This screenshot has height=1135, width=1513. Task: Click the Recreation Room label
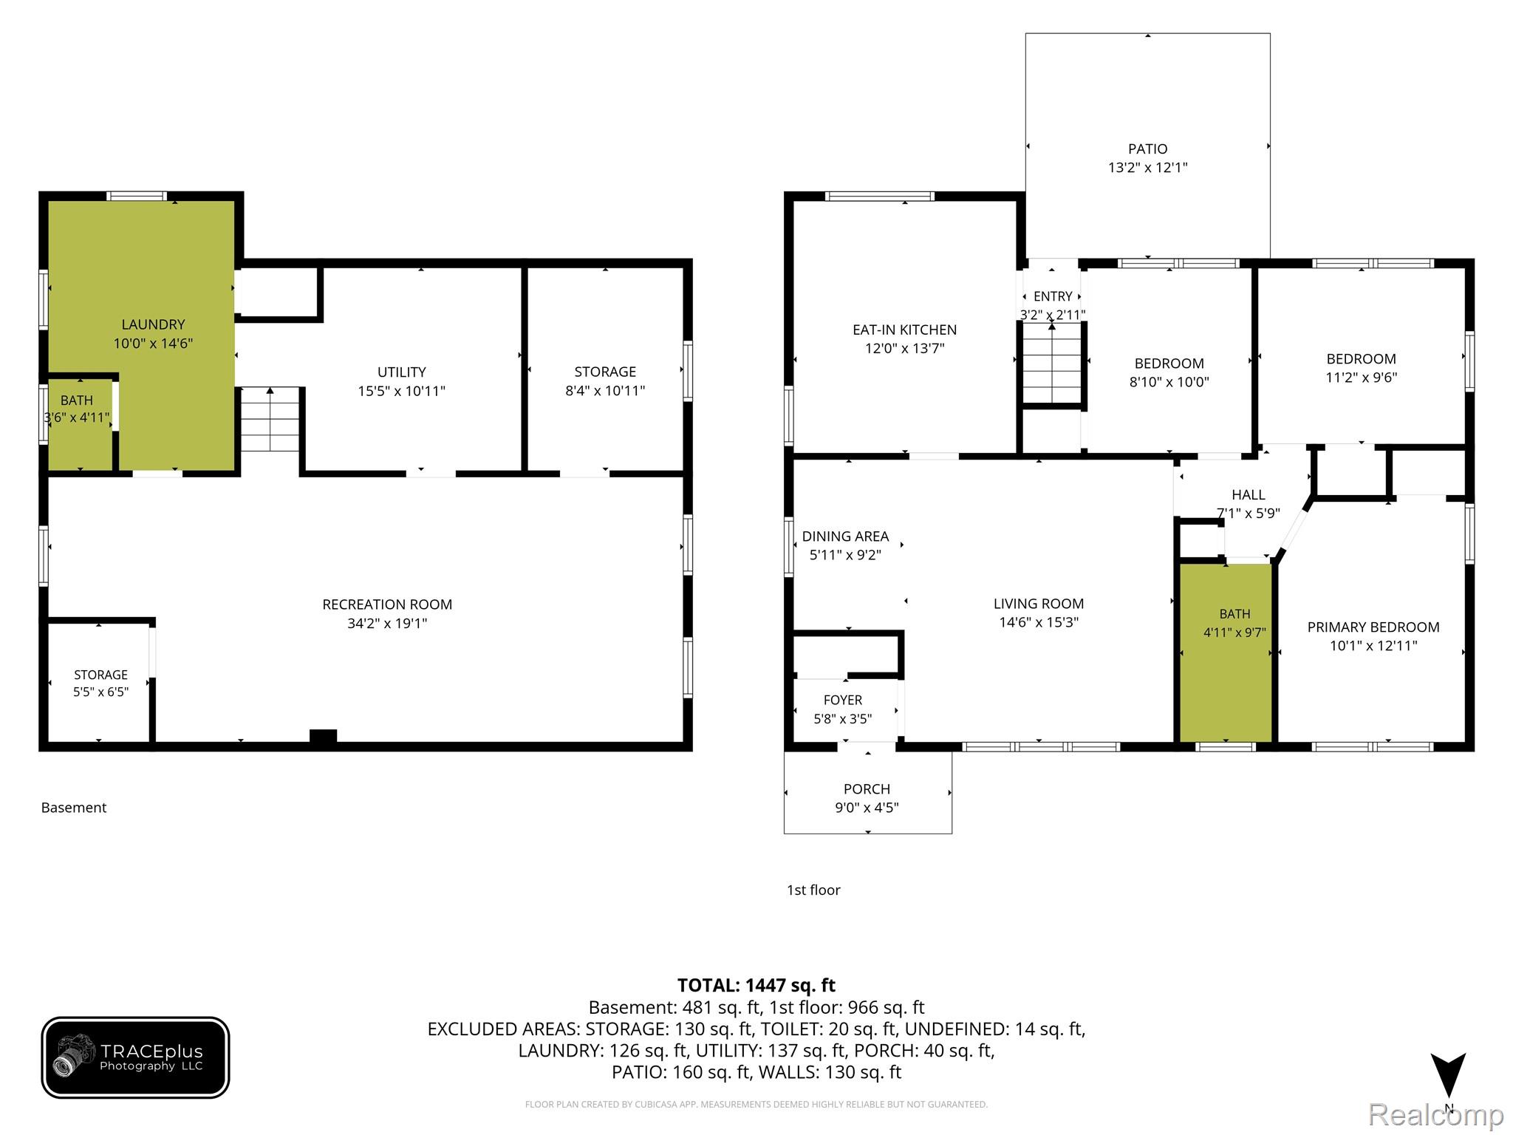pos(387,604)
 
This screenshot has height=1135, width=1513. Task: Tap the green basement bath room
pos(80,425)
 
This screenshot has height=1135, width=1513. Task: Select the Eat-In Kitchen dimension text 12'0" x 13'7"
pos(905,348)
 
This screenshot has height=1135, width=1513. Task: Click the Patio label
pos(1147,149)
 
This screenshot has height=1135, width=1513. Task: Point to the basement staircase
pos(270,419)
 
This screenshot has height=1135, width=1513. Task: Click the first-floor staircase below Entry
pos(1052,363)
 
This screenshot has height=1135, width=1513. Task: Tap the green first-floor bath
pos(1226,652)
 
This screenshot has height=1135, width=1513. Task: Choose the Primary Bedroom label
pos(1373,627)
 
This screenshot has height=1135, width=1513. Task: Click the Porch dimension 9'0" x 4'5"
pos(867,808)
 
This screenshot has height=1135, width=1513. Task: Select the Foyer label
pos(843,700)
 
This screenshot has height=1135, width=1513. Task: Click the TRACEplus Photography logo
pos(135,1057)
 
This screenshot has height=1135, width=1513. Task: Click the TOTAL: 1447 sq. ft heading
pos(756,985)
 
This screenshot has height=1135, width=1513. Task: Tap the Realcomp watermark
pos(1435,1114)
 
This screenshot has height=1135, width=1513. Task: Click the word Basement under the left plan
pos(74,808)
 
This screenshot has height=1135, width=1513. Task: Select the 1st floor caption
pos(813,890)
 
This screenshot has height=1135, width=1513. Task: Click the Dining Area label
pos(845,536)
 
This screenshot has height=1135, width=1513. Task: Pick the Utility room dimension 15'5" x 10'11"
pos(402,391)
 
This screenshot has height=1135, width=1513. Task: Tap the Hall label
pos(1249,495)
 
